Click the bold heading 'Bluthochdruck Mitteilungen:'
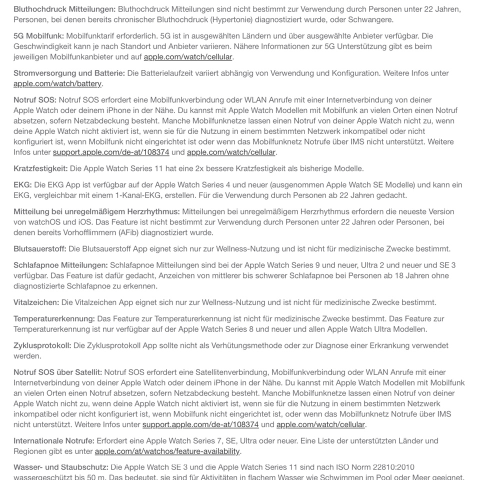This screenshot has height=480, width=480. [x=64, y=9]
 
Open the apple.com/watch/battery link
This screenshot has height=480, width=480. [x=57, y=83]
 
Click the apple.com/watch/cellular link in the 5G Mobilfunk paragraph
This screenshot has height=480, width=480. [x=188, y=56]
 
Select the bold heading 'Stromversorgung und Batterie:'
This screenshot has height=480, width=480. [x=69, y=73]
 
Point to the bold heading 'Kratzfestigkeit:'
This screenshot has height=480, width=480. [x=40, y=168]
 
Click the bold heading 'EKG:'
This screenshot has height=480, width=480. [x=22, y=184]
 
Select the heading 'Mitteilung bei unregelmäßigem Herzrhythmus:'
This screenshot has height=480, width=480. [x=96, y=211]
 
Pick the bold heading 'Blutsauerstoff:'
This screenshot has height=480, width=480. [x=40, y=248]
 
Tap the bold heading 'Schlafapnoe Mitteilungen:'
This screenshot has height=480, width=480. [x=60, y=265]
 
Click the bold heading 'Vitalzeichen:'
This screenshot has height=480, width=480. [x=36, y=302]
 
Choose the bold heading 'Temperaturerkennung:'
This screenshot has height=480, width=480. [x=54, y=318]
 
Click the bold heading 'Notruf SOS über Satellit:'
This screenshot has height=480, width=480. [x=57, y=372]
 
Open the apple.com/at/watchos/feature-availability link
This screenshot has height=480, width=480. [x=167, y=451]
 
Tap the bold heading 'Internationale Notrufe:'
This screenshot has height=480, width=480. [x=54, y=441]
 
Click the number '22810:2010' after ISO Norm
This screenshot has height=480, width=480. [x=393, y=467]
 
